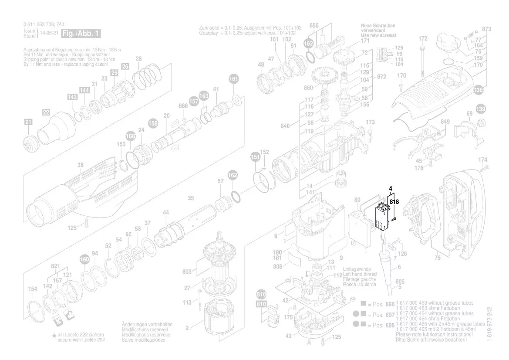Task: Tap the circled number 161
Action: pyautogui.click(x=234, y=79)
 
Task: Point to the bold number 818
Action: pyautogui.click(x=394, y=202)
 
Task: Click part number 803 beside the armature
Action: pyautogui.click(x=187, y=272)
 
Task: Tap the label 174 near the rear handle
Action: pyautogui.click(x=483, y=160)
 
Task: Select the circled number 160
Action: pyautogui.click(x=84, y=259)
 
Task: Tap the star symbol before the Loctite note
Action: pyautogui.click(x=54, y=335)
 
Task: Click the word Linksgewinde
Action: pyautogui.click(x=357, y=269)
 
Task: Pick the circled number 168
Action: pyautogui.click(x=131, y=136)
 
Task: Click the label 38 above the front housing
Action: pyautogui.click(x=81, y=165)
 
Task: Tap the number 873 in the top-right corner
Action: pyautogui.click(x=487, y=29)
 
